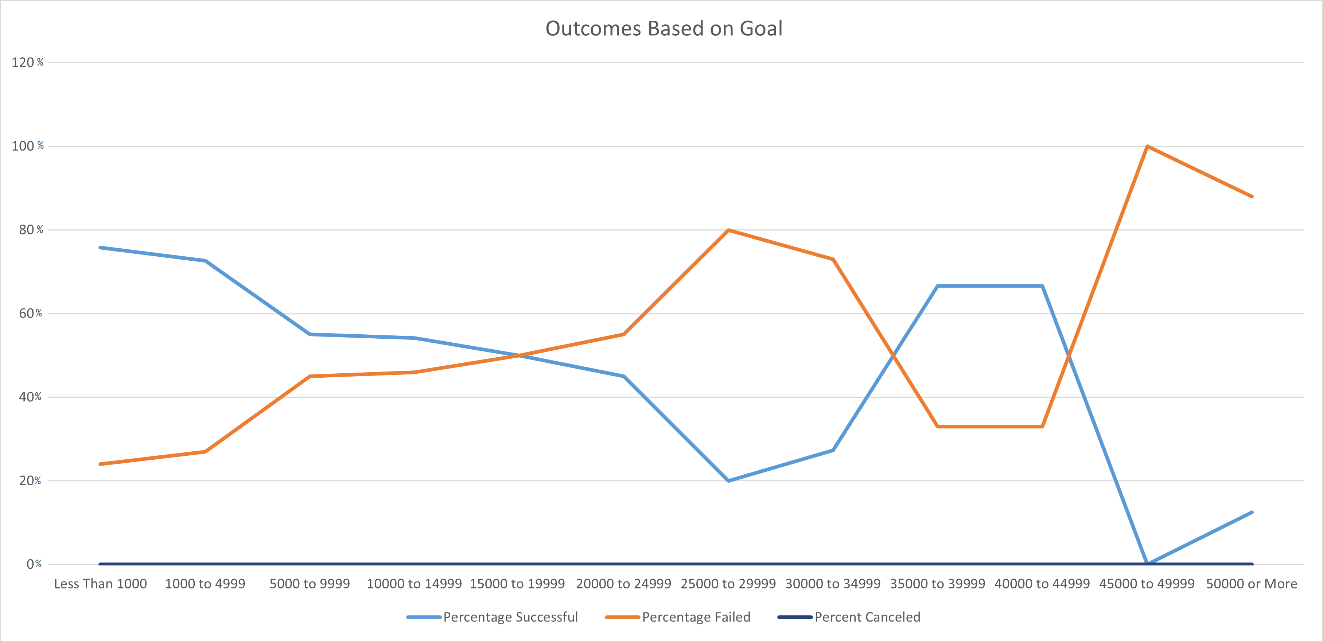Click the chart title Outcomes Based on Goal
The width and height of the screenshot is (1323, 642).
point(664,28)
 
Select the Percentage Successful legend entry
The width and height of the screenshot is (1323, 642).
point(492,617)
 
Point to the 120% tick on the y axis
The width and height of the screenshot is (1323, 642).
point(28,62)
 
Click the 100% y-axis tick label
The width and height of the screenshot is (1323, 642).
point(28,146)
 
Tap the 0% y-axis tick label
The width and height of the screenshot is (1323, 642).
point(34,564)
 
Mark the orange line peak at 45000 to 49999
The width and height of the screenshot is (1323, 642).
point(1147,147)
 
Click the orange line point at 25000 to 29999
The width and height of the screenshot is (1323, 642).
point(728,230)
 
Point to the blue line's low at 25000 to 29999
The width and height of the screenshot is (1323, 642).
point(728,481)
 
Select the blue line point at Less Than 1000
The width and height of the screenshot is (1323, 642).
point(101,248)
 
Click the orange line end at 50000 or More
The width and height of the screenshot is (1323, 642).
point(1252,196)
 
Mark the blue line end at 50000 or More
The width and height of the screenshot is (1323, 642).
point(1252,512)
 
